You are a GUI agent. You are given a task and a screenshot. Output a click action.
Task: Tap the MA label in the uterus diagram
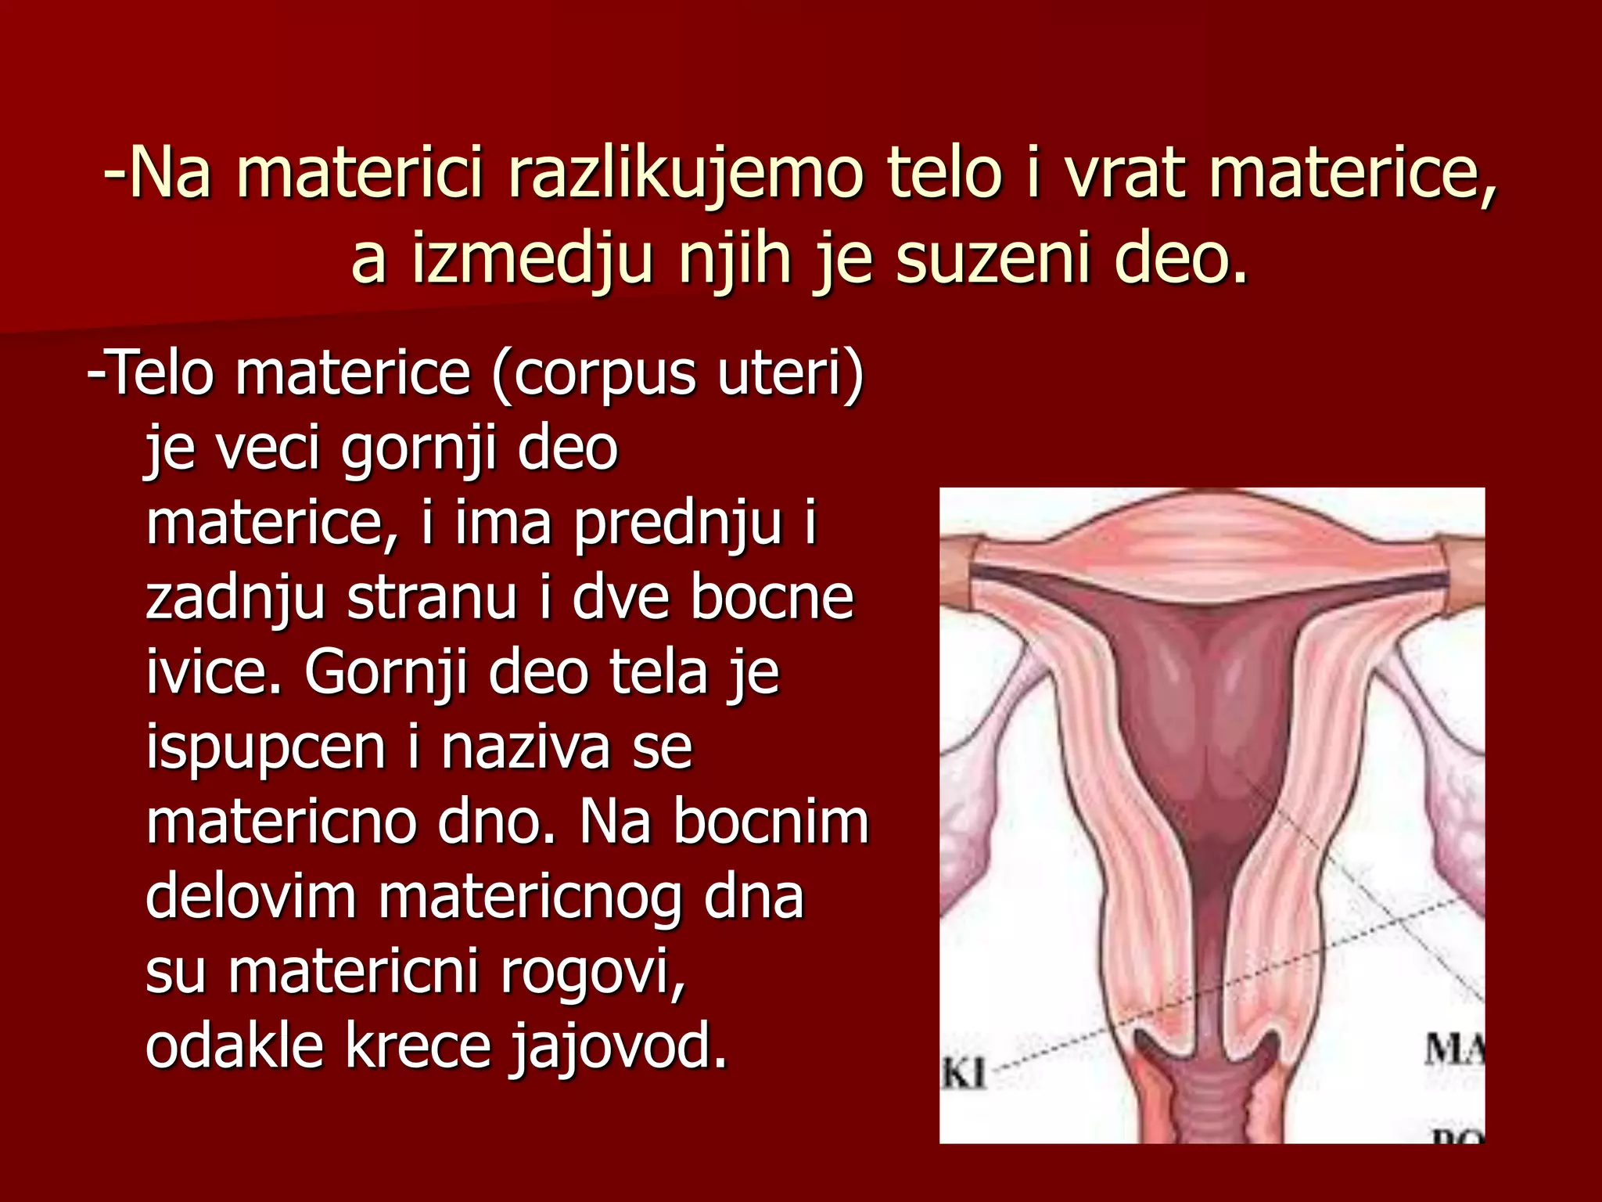(1453, 1049)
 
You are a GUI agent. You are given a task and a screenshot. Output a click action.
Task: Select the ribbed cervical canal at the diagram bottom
(1211, 1096)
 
